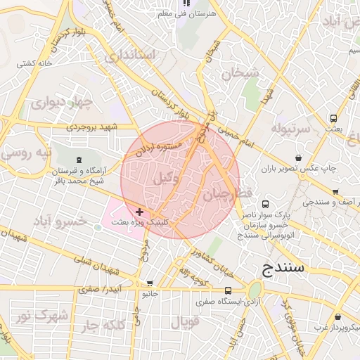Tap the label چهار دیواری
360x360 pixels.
(x=61, y=103)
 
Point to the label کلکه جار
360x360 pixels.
(x=113, y=325)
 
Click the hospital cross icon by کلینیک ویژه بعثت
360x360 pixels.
(x=139, y=211)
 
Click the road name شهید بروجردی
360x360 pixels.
(x=94, y=127)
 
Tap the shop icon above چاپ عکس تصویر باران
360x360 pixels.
(x=300, y=157)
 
